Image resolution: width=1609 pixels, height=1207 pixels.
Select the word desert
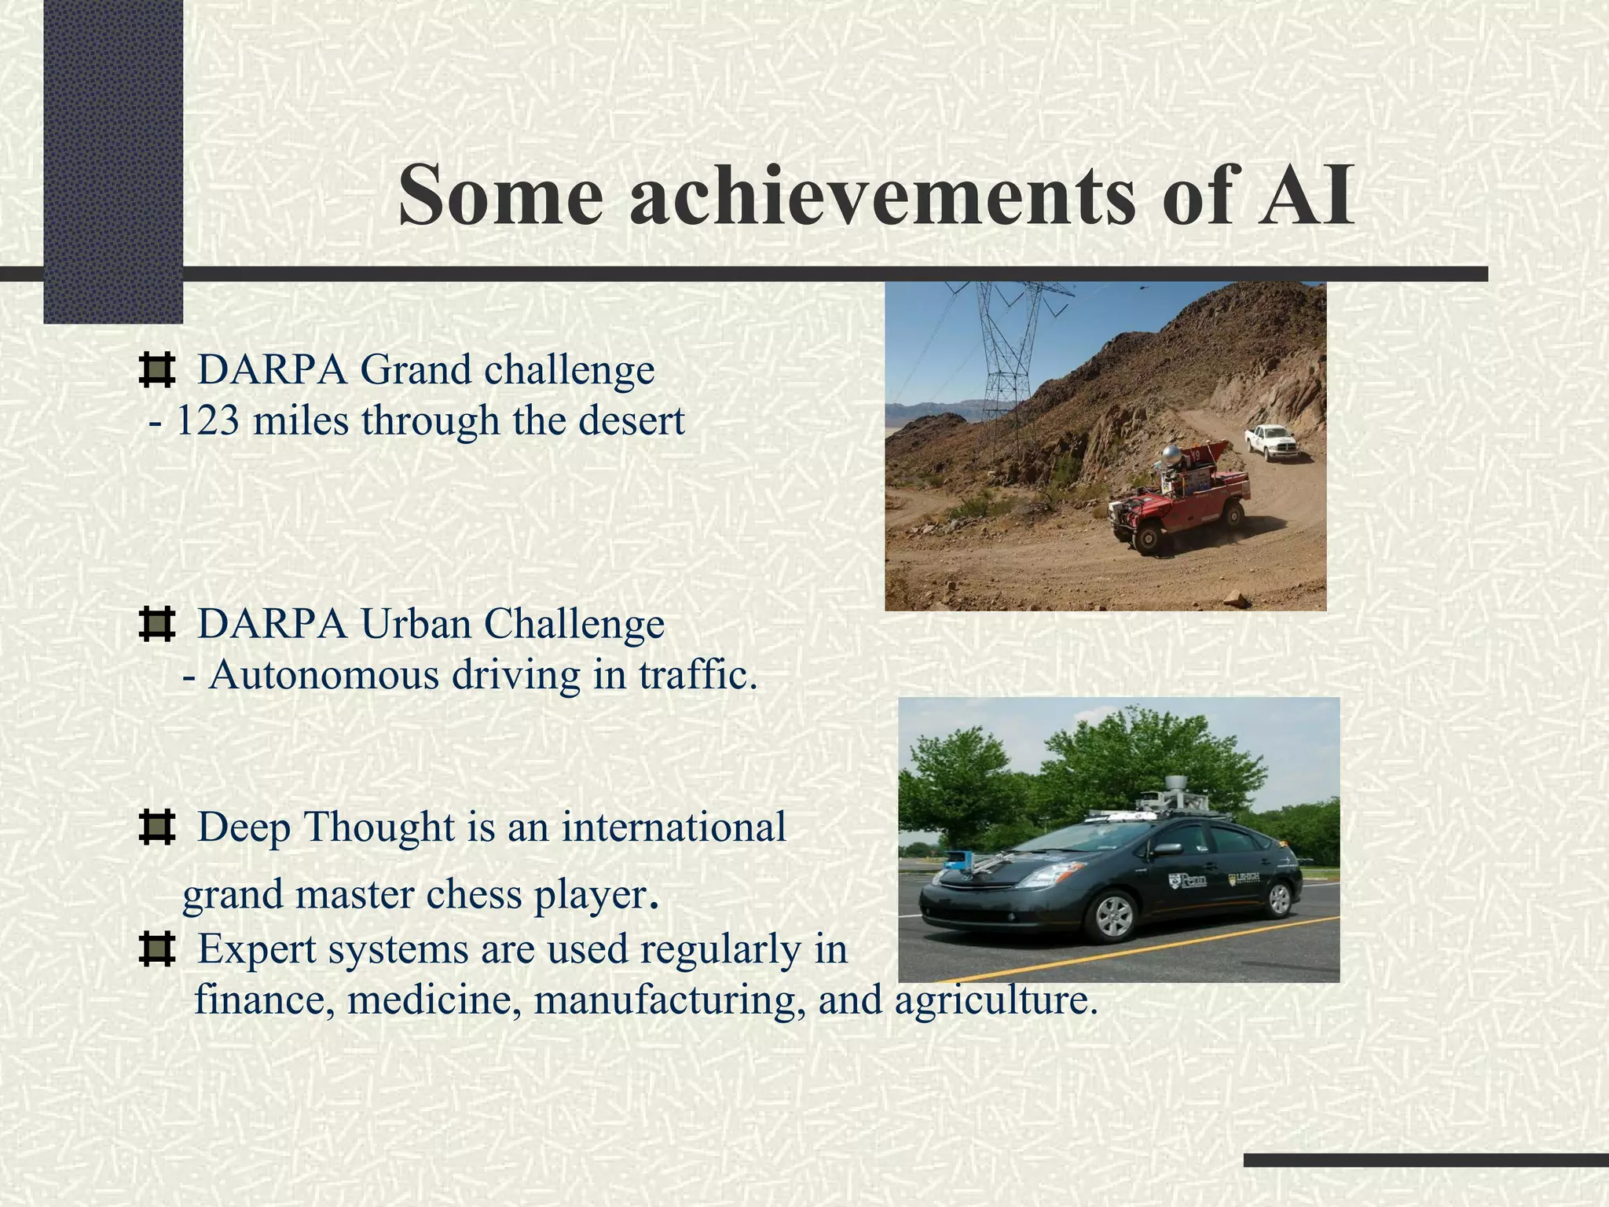631,421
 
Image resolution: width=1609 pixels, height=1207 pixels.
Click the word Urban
416,625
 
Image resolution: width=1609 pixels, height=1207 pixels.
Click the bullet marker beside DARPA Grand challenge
156,370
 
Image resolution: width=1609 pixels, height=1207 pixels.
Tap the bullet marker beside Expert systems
156,949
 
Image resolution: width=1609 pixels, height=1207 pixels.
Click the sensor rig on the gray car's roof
1176,798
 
